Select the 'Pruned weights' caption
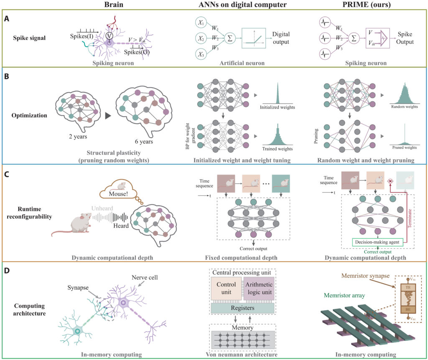click(x=403, y=148)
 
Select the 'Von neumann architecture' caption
click(x=242, y=354)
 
